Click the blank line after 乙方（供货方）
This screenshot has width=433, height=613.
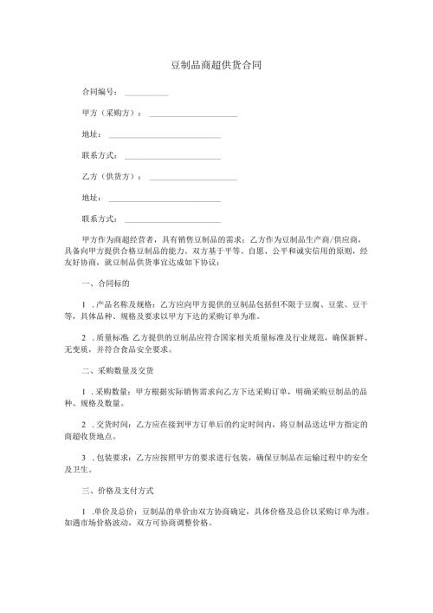[193, 179]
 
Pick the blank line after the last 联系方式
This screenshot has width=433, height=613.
[172, 221]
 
